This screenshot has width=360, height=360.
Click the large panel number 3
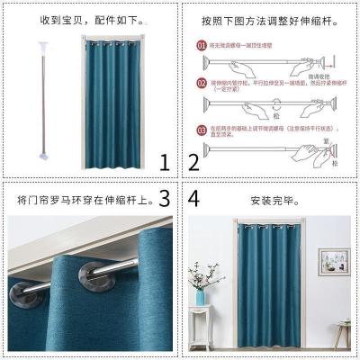pos(164,197)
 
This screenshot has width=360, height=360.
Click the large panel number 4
pos(193,197)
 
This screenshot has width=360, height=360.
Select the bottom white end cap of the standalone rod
pos(41,153)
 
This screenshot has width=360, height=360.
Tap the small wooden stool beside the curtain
pos(340,333)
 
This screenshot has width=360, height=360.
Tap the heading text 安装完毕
pos(271,197)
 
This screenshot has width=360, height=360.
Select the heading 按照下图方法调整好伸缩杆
pos(271,16)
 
